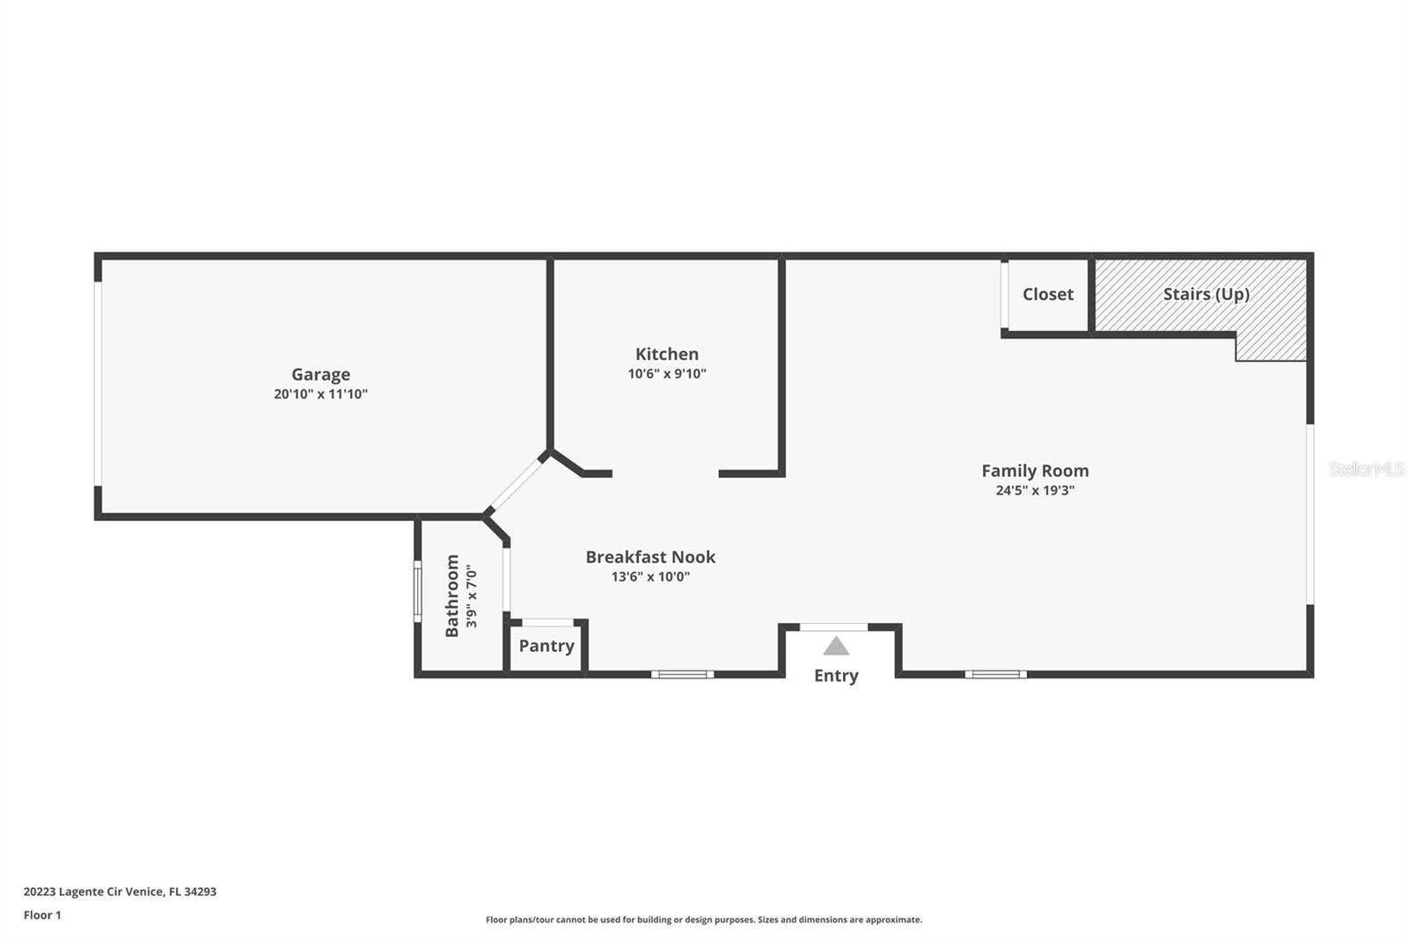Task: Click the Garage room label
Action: pos(320,374)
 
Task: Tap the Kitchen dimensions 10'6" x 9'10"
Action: pos(667,373)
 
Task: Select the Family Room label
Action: pos(1035,471)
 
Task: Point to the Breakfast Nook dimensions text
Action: pos(650,576)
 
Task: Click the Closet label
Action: pos(1048,294)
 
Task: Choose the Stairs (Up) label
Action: pos(1206,294)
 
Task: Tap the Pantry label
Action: pos(546,646)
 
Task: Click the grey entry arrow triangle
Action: pos(836,646)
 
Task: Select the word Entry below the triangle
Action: pos(836,676)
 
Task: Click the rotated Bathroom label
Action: pos(452,596)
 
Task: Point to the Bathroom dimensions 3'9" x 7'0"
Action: pos(472,596)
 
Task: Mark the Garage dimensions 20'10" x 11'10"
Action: pos(320,394)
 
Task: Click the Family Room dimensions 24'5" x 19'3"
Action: pos(1035,490)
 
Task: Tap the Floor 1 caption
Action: pos(42,915)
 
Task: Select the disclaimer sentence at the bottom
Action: pos(704,920)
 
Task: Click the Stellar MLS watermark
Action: pos(1367,469)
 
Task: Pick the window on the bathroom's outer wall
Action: pos(417,591)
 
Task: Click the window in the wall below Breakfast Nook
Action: pos(683,675)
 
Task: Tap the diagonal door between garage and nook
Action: pos(517,485)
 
